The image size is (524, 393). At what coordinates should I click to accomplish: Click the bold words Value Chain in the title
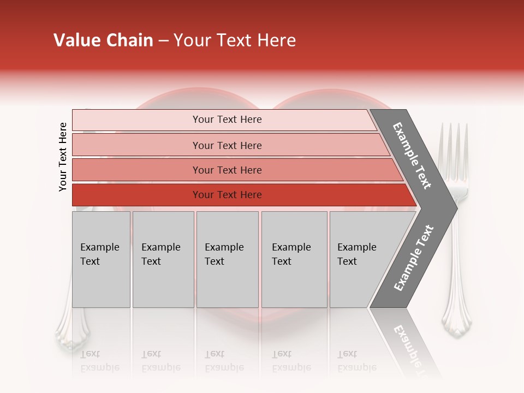(x=103, y=40)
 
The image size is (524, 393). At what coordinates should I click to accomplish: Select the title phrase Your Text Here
(x=235, y=40)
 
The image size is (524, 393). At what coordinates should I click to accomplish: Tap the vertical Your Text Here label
(x=63, y=157)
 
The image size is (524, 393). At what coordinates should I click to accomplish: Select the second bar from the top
(x=227, y=145)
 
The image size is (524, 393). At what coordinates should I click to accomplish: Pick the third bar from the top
(x=227, y=170)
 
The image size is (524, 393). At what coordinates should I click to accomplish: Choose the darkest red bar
(x=227, y=195)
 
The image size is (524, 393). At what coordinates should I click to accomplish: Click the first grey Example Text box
(x=101, y=259)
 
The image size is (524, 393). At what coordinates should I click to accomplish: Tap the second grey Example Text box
(x=163, y=259)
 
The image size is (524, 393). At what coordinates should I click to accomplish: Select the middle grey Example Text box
(x=227, y=259)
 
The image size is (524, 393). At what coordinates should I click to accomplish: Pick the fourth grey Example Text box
(x=294, y=259)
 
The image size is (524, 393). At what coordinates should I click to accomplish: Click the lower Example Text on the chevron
(x=414, y=258)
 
